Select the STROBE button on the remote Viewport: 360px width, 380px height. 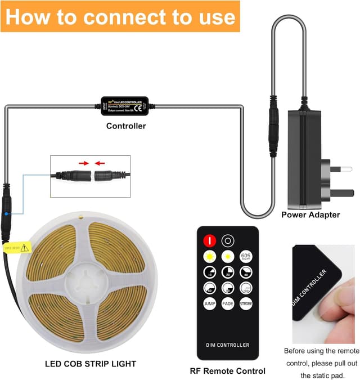(x=246, y=304)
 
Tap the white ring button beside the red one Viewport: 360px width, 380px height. (x=228, y=239)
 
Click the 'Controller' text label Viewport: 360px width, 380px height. (x=126, y=126)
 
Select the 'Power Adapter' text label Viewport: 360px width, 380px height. (x=310, y=214)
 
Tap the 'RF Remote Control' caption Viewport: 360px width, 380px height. (x=228, y=371)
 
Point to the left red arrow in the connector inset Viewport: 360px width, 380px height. (x=83, y=163)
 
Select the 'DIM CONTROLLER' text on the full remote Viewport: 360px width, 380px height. (x=227, y=345)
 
